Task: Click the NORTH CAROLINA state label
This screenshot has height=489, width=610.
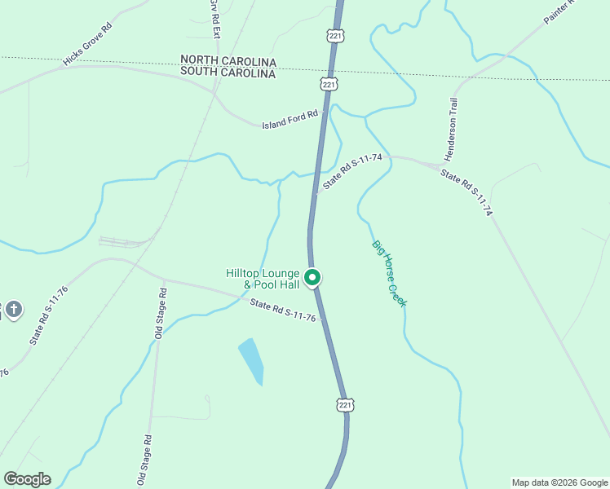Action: point(228,61)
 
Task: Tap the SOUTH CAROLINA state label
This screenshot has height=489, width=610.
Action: point(228,73)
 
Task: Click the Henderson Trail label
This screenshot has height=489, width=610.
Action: point(454,129)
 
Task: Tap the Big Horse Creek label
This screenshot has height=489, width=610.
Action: point(389,273)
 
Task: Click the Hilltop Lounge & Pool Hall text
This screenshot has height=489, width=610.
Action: point(263,279)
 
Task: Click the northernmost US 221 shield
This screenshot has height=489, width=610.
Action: point(336,36)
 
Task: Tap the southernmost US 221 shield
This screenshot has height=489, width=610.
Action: point(345,404)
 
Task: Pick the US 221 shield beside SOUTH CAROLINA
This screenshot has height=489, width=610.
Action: point(329,84)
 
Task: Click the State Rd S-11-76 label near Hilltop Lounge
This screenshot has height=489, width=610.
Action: point(283,310)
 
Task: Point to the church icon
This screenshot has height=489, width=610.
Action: point(14,310)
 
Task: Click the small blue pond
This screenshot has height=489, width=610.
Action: point(252,361)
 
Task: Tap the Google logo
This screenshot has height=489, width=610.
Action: point(27,479)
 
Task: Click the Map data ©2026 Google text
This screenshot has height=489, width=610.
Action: point(559,482)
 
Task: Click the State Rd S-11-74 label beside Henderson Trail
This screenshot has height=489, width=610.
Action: point(466,192)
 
